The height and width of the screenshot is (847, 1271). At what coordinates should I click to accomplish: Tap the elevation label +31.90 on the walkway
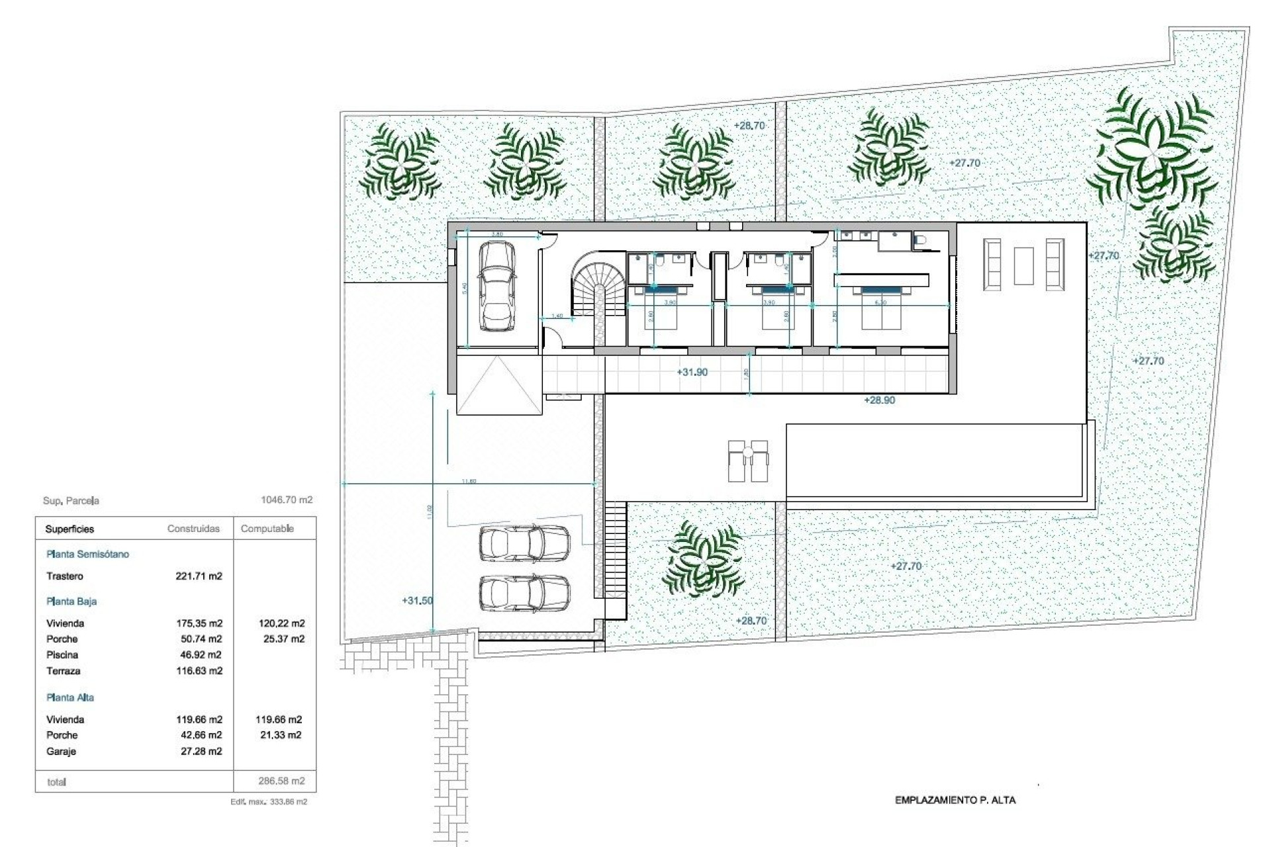[692, 373]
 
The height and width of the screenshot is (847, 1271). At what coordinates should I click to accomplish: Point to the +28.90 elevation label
[879, 400]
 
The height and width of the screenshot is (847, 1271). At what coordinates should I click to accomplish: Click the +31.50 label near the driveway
[417, 601]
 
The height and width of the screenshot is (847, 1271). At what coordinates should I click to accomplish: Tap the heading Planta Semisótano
[87, 554]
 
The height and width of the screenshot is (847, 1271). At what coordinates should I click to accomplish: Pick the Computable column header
[267, 529]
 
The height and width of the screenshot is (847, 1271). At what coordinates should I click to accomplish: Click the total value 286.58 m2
[281, 781]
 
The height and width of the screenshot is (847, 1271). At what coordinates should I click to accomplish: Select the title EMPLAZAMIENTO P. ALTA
[955, 800]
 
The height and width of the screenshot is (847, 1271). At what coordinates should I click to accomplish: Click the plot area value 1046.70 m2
[286, 500]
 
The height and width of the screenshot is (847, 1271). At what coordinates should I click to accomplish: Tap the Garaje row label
[61, 751]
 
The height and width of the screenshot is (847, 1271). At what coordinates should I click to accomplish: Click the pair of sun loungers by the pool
[747, 461]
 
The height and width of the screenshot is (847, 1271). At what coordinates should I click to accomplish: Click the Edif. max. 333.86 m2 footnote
[268, 801]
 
